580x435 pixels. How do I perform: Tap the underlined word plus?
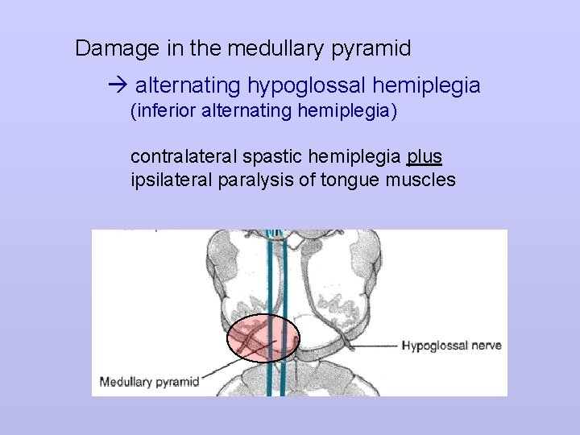pyautogui.click(x=425, y=155)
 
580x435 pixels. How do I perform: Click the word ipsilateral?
pyautogui.click(x=171, y=179)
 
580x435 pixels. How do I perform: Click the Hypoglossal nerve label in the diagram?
pyautogui.click(x=451, y=346)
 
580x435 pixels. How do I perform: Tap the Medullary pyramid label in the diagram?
pyautogui.click(x=149, y=381)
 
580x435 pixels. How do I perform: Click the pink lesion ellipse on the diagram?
pyautogui.click(x=262, y=338)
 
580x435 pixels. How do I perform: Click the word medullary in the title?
pyautogui.click(x=275, y=49)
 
